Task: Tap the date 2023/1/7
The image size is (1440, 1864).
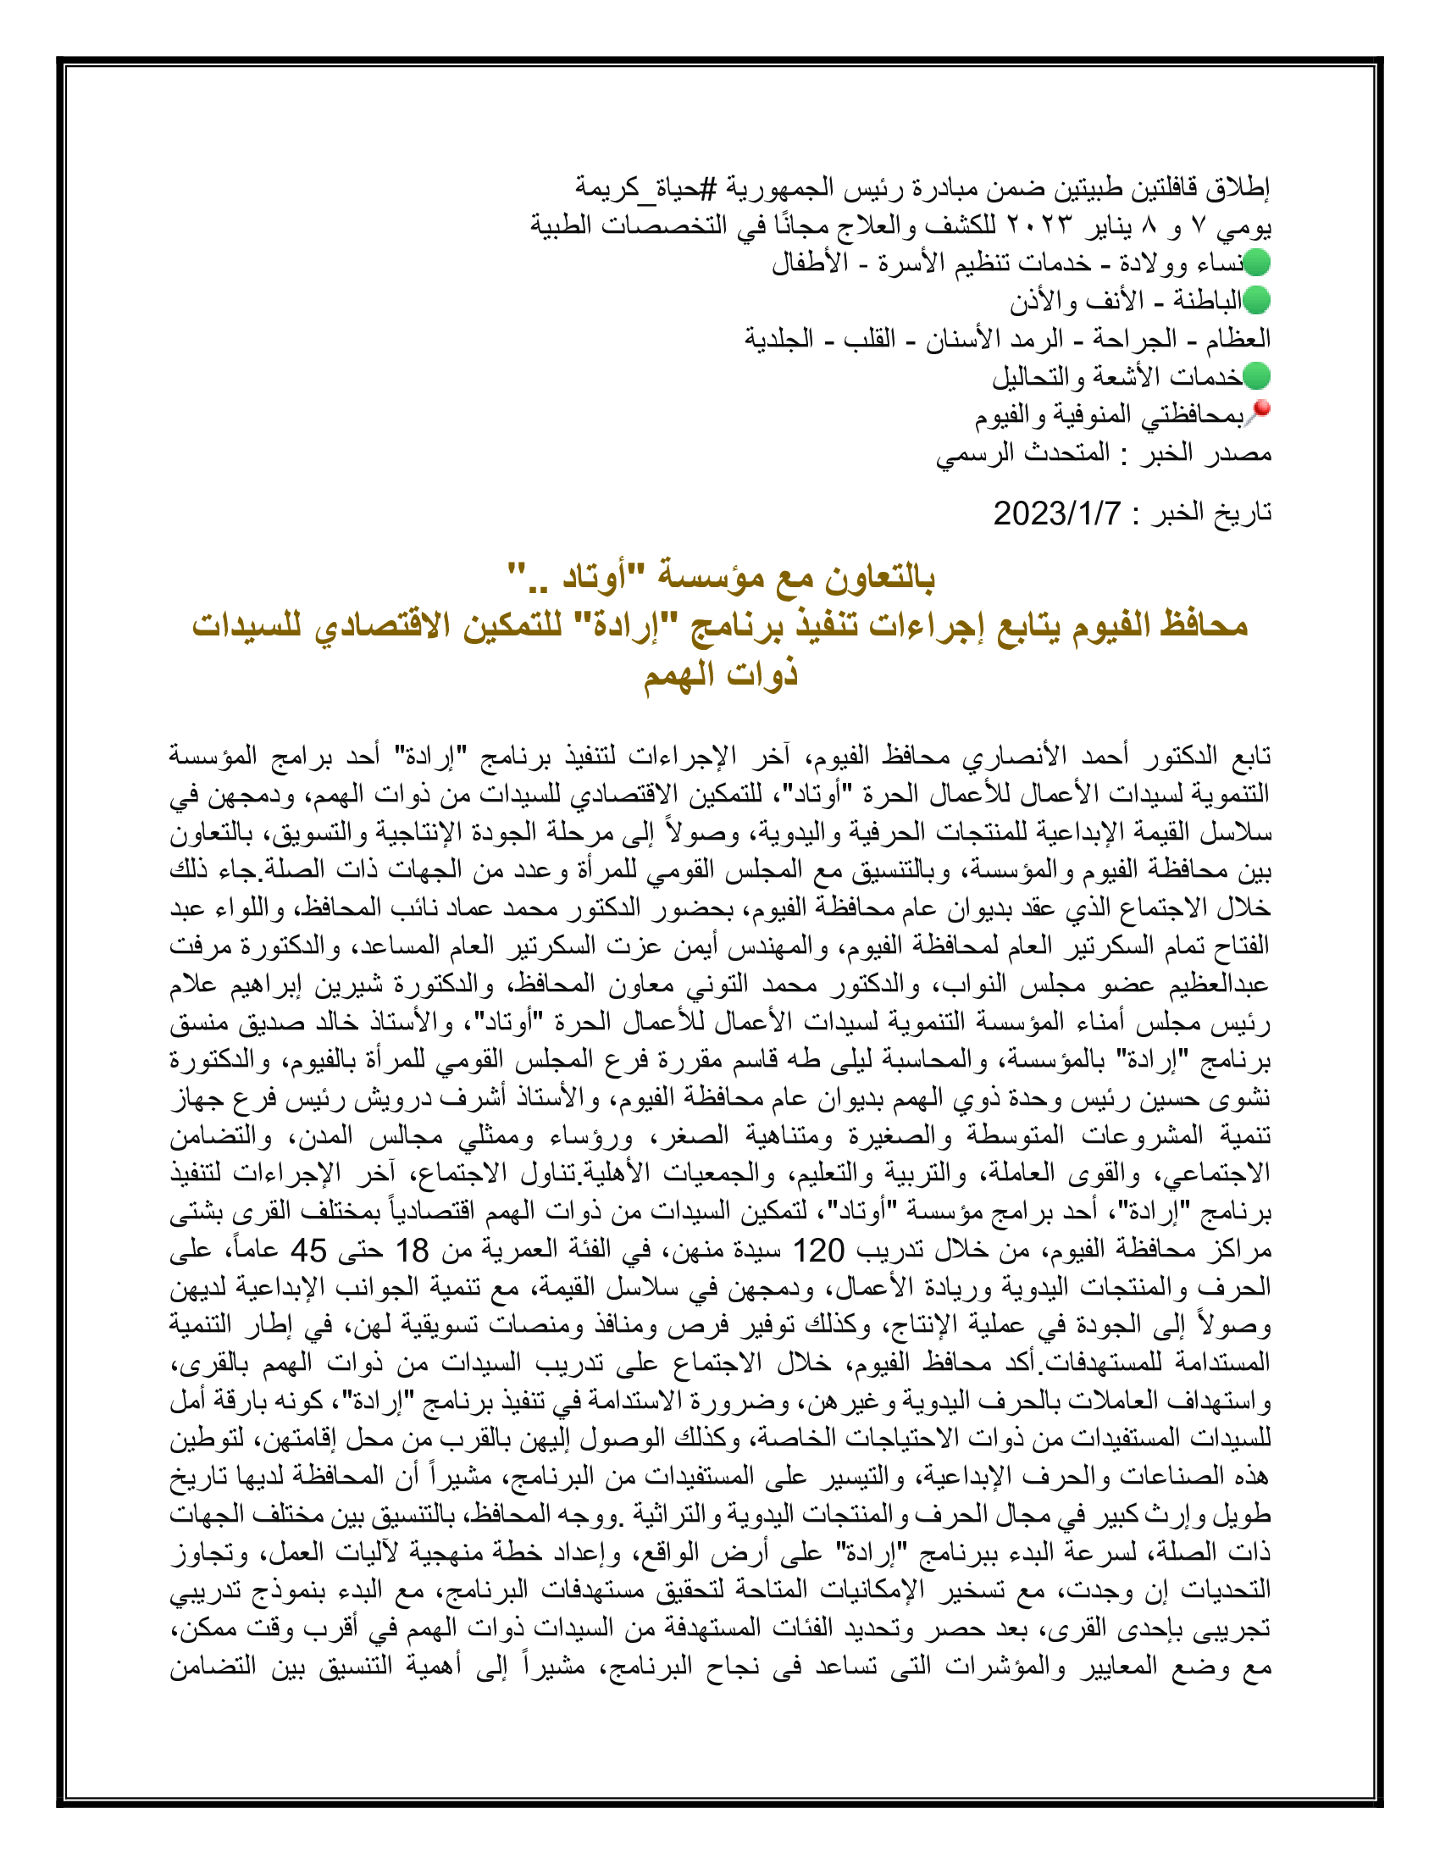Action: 1056,513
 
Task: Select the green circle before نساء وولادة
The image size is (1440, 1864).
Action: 1256,263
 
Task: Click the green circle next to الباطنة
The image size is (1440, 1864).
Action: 1256,301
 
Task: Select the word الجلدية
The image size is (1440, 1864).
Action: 778,339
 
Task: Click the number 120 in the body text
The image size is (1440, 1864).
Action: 818,1251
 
